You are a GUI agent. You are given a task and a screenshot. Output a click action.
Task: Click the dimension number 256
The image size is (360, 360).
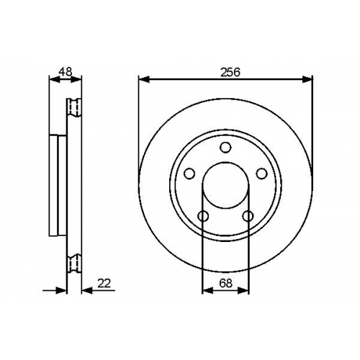(x=230, y=72)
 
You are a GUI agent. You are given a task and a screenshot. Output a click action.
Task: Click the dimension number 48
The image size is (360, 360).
(x=66, y=71)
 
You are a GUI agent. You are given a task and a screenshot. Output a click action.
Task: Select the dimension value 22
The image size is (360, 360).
(x=104, y=283)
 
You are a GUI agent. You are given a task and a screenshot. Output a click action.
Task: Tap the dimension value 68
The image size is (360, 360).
(x=226, y=283)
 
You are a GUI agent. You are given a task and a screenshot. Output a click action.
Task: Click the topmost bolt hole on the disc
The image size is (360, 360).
(x=225, y=147)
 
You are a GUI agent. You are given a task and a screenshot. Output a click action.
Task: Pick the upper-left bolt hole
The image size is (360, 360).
(x=189, y=174)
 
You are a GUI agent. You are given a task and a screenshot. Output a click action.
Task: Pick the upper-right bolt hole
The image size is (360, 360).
(x=261, y=174)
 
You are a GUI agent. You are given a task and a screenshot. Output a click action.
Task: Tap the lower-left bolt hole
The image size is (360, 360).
(x=203, y=216)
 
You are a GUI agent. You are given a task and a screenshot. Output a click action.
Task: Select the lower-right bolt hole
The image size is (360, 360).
(x=248, y=216)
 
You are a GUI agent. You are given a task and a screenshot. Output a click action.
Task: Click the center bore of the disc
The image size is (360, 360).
(x=225, y=185)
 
